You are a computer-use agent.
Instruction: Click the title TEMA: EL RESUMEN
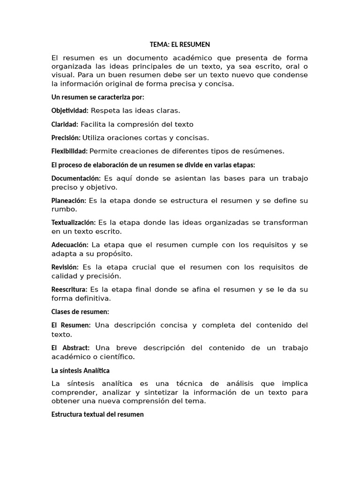coord(180,45)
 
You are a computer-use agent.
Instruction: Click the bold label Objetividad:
coord(70,111)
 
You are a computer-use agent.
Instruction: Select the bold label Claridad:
coord(65,124)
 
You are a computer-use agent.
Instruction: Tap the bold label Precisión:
coord(66,138)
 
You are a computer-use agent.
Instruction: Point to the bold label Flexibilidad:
coord(69,151)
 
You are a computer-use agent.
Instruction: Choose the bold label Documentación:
coord(76,178)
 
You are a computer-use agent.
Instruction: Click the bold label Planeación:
coord(68,201)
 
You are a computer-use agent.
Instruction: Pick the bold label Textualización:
coord(74,223)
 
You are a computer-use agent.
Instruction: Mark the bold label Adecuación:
coord(70,245)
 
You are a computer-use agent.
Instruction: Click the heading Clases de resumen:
coord(80,312)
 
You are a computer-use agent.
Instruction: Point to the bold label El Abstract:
coord(70,348)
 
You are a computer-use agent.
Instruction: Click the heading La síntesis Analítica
coord(80,370)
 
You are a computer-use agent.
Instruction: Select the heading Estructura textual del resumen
coord(97,414)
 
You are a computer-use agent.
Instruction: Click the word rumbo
coord(62,209)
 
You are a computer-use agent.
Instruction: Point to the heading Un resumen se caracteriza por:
coord(97,97)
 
